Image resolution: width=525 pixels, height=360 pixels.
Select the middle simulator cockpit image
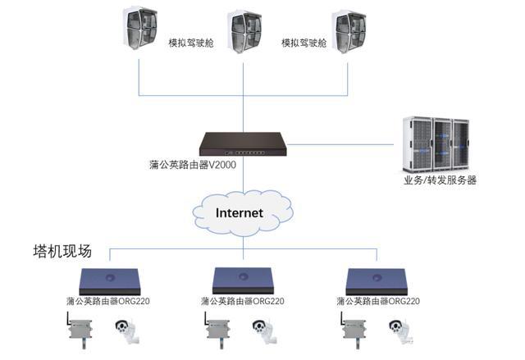(x=244, y=32)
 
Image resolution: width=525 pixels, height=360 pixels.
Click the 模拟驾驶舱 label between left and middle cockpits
(x=190, y=43)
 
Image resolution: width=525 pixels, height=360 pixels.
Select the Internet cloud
(x=240, y=212)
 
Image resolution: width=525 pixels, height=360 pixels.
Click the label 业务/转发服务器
(x=440, y=180)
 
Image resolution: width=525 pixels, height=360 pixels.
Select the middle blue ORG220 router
(x=244, y=280)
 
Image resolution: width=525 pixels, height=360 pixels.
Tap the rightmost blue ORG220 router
(x=378, y=280)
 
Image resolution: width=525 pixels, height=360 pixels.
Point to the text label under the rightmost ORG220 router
(x=378, y=302)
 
